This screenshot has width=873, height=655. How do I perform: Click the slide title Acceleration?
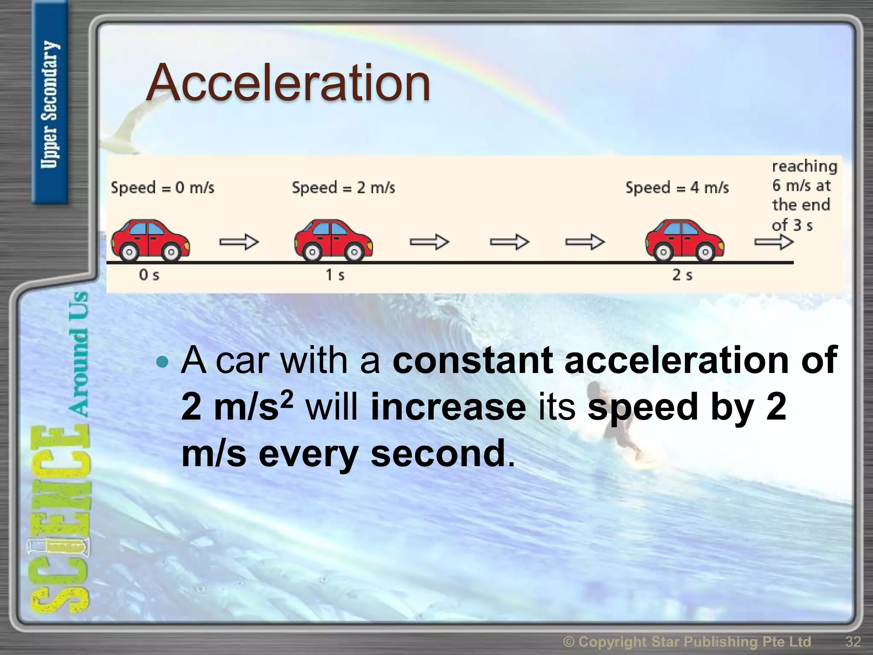[288, 83]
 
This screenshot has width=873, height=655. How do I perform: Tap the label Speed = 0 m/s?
[162, 188]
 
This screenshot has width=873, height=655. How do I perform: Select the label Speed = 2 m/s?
[343, 188]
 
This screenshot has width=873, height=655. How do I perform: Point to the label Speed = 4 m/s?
[677, 188]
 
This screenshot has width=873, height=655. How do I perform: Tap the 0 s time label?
[149, 275]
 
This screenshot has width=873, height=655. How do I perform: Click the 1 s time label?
[335, 275]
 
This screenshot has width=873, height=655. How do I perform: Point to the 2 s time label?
[682, 275]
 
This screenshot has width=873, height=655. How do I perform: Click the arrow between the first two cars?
[239, 242]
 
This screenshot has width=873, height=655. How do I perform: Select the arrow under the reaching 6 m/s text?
[774, 242]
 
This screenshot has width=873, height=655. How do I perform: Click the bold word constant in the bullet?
[472, 361]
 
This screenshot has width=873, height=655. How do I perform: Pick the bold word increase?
[448, 407]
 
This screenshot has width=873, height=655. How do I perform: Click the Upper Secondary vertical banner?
[50, 105]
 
